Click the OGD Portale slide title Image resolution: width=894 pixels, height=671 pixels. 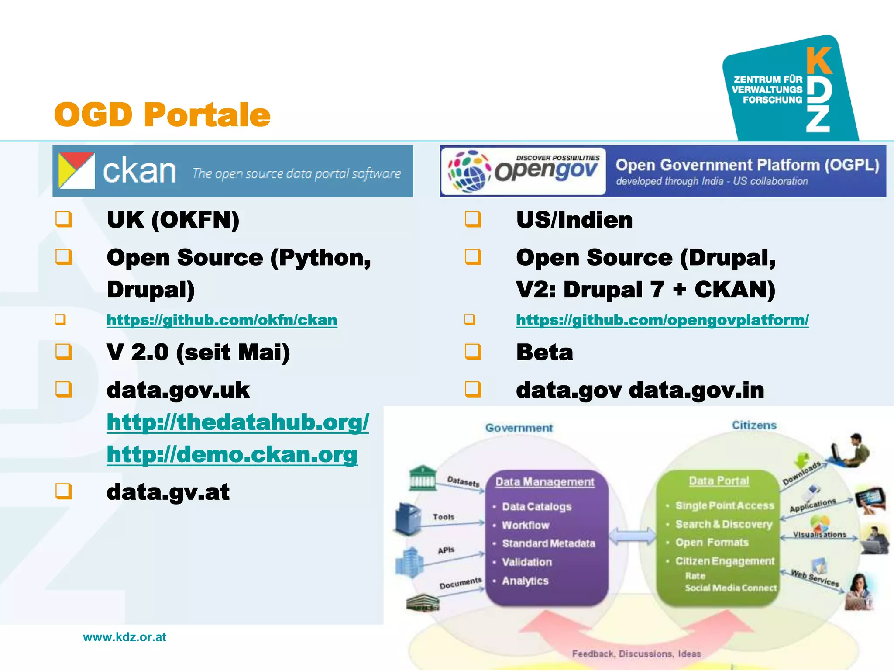(x=162, y=114)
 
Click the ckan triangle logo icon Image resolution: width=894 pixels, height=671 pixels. (x=76, y=171)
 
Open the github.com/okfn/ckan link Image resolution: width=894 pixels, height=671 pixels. (x=222, y=320)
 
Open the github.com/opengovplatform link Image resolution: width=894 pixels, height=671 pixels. (x=662, y=320)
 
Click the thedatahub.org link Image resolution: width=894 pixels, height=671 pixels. (x=238, y=422)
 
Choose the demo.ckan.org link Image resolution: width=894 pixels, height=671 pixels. (x=232, y=455)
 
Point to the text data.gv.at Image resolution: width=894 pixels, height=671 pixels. (x=168, y=492)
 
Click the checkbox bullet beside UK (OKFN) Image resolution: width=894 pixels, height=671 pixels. (x=64, y=219)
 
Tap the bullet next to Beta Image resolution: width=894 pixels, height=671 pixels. (x=473, y=352)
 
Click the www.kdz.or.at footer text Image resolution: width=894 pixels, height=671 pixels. (x=124, y=637)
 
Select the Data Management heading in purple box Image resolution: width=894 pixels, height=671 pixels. (x=545, y=482)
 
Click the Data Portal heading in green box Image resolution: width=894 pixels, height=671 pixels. (x=719, y=481)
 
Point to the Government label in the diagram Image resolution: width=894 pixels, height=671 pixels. (x=519, y=428)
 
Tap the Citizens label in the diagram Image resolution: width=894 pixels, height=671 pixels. (x=754, y=425)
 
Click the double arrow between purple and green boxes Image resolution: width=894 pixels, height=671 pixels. (x=632, y=536)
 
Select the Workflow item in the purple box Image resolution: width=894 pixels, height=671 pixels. (x=526, y=525)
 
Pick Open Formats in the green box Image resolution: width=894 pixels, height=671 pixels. (x=712, y=543)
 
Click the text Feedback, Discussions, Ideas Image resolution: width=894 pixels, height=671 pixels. (x=636, y=654)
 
